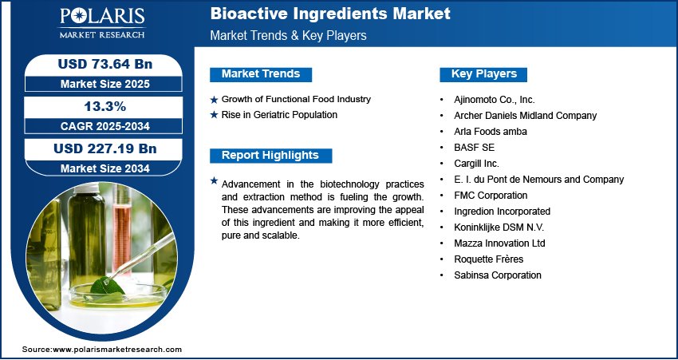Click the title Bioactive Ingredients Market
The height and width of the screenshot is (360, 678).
click(329, 14)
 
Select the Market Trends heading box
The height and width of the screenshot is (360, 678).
click(260, 74)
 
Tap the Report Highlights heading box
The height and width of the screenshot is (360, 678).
click(270, 156)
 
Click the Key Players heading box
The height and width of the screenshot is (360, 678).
click(483, 74)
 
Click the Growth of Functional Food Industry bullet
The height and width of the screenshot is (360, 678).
click(296, 99)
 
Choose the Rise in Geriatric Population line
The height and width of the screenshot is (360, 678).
click(279, 115)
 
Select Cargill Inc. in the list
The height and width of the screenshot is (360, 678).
click(475, 164)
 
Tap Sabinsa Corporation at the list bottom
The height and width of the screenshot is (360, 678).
click(496, 275)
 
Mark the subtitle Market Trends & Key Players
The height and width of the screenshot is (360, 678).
click(288, 36)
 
